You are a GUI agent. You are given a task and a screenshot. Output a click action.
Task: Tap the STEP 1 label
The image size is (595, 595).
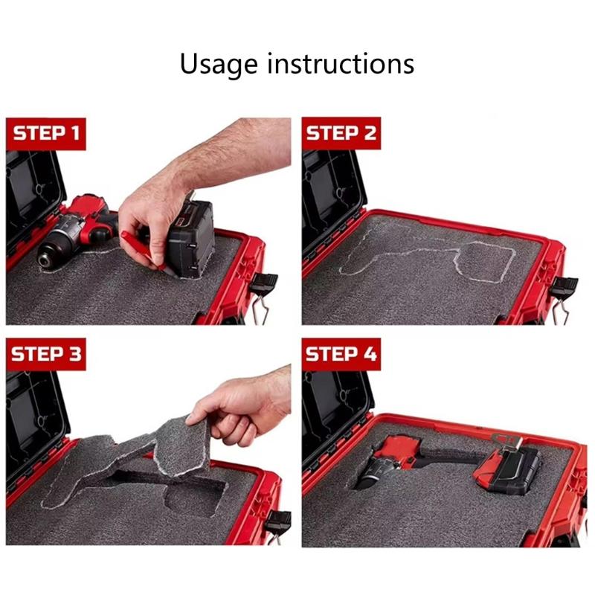pyautogui.click(x=45, y=135)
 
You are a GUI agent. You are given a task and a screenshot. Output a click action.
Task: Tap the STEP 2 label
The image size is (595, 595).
pyautogui.click(x=341, y=135)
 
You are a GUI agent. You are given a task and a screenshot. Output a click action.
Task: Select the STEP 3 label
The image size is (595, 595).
pyautogui.click(x=45, y=353)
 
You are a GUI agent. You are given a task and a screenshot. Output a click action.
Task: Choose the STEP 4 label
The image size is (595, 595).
pyautogui.click(x=341, y=353)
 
